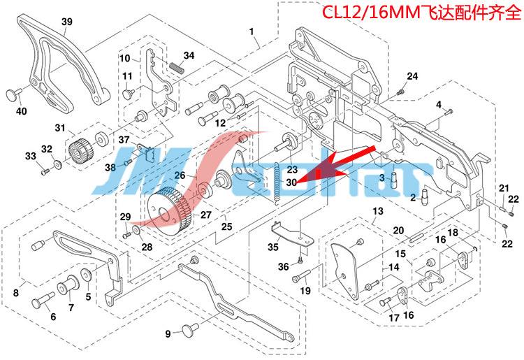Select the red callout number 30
coord(291,180)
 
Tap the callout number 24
coord(412,75)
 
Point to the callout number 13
coord(377,210)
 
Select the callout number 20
coord(398,231)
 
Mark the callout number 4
coord(439,104)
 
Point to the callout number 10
coord(124,57)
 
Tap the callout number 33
coord(30,155)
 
